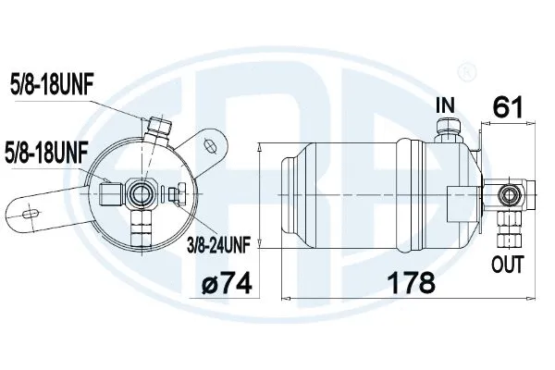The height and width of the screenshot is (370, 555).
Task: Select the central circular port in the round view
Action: click(x=144, y=191)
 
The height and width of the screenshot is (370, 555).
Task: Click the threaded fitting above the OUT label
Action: click(x=505, y=224)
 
